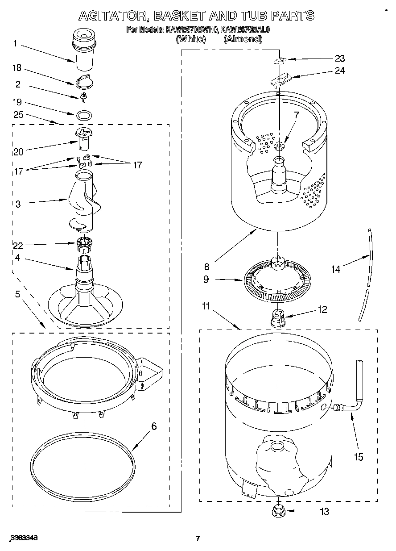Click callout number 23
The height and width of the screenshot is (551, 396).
(x=340, y=58)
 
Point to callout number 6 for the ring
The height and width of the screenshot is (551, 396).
(x=154, y=426)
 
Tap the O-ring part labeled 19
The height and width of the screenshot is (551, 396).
(x=84, y=115)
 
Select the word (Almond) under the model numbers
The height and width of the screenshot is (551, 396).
(x=243, y=39)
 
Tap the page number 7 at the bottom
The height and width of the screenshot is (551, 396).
(x=198, y=538)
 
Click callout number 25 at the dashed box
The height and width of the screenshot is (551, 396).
(x=18, y=115)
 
